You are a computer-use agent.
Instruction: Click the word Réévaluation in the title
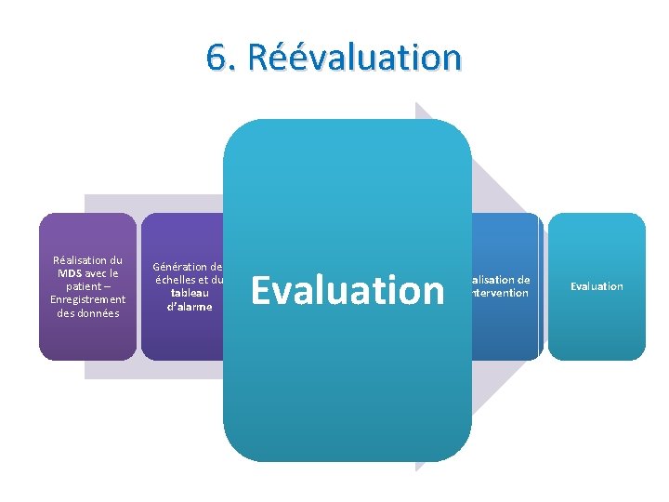point(349,58)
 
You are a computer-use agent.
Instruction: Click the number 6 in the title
point(216,58)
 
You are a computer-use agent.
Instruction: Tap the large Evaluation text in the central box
point(348,290)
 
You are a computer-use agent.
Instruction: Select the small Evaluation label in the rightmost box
point(597,286)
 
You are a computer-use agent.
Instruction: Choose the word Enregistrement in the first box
point(87,299)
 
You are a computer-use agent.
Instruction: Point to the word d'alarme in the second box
point(190,306)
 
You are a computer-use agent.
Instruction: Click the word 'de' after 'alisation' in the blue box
point(523,280)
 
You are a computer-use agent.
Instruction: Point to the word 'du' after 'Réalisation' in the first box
point(115,260)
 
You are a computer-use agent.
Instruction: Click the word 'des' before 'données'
point(66,313)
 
